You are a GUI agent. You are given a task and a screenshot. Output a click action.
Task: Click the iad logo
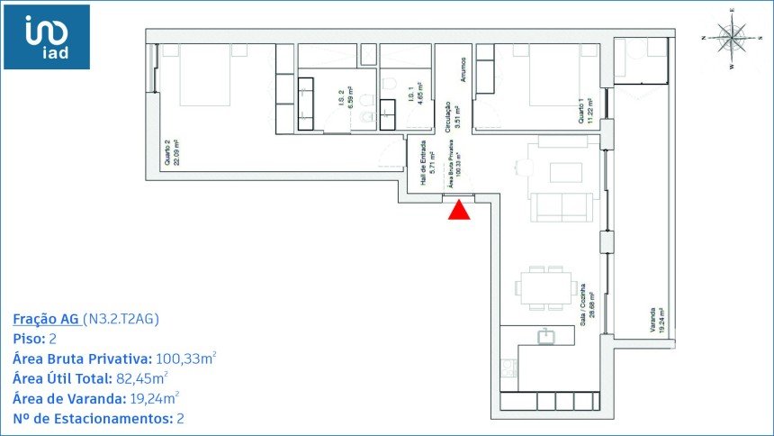point(46,37)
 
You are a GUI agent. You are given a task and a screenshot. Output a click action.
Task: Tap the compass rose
point(733,38)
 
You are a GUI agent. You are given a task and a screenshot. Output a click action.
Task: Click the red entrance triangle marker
point(459,210)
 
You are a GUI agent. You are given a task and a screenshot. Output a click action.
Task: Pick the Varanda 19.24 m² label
point(657,321)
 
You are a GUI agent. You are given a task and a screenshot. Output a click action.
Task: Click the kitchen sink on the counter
point(545,336)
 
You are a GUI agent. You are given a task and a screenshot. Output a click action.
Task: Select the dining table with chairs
point(545,288)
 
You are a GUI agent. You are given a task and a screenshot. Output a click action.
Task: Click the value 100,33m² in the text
point(185,359)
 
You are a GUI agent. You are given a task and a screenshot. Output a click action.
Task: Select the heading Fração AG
point(46,319)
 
